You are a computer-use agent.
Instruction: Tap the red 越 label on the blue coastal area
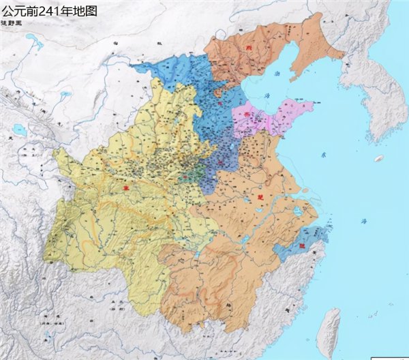[x=301, y=245]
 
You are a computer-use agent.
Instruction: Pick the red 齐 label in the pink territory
[x=257, y=116]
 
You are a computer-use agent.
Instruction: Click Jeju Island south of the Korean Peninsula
[x=378, y=158]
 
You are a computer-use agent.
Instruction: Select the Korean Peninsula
[x=368, y=95]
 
